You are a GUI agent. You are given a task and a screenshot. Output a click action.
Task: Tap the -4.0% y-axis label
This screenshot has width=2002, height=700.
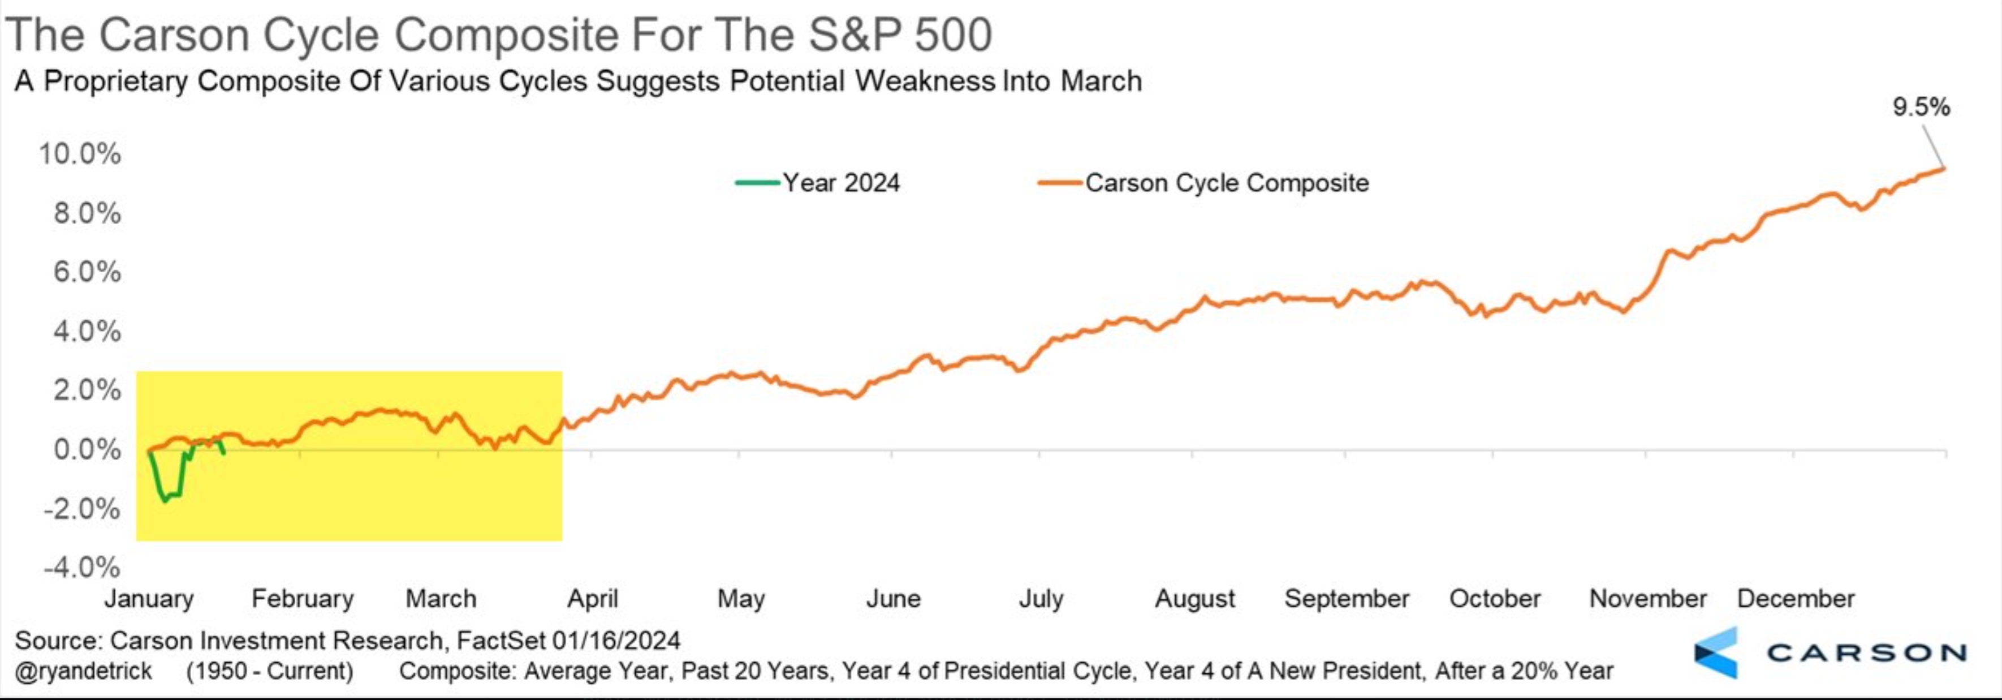81,567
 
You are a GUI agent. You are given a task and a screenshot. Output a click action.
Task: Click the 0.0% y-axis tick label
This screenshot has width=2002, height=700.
87,449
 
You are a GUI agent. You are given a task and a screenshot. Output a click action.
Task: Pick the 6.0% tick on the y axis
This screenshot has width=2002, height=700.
87,272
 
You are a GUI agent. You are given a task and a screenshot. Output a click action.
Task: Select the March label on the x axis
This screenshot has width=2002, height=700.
441,598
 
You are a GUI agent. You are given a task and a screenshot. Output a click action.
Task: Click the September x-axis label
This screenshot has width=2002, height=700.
1346,598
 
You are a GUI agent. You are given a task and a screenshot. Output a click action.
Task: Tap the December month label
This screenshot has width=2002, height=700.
1795,598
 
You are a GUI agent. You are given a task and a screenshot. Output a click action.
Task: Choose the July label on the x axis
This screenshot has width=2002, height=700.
1041,598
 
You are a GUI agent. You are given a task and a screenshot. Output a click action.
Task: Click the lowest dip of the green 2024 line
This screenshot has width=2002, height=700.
164,501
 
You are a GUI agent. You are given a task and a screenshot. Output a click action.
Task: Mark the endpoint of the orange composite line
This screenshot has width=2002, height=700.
1944,168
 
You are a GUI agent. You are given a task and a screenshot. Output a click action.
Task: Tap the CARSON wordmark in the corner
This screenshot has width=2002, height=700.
1867,652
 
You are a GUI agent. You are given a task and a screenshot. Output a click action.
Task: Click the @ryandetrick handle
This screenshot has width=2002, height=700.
83,671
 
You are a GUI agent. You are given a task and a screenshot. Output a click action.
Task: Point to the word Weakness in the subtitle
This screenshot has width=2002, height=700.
925,81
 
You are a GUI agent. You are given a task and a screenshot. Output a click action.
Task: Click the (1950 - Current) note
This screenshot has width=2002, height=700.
269,671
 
